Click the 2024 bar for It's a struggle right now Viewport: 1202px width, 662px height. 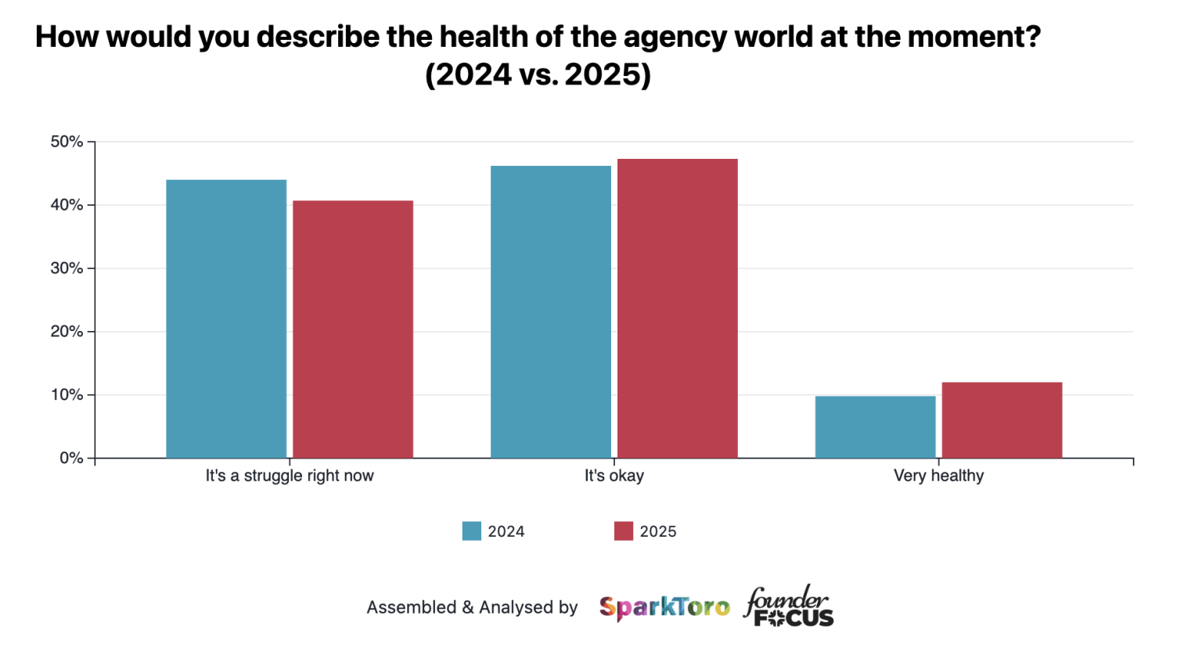click(x=226, y=318)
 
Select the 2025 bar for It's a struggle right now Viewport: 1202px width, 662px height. click(x=353, y=329)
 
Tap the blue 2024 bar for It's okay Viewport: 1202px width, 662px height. click(x=551, y=311)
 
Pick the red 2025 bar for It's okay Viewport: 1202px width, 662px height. click(x=678, y=308)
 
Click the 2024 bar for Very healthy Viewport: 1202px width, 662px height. click(x=875, y=426)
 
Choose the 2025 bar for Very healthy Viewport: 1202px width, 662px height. click(x=1002, y=419)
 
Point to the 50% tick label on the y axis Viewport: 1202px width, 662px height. click(x=67, y=142)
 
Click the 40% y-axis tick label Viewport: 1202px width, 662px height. click(x=67, y=205)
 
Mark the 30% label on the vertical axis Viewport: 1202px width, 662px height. click(x=67, y=268)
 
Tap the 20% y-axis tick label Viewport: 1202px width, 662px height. click(x=67, y=332)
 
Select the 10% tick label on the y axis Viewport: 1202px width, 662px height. click(x=67, y=395)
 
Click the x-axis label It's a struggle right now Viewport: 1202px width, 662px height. click(x=290, y=476)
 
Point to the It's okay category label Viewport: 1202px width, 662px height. click(x=614, y=476)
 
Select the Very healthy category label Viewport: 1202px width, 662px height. click(x=938, y=476)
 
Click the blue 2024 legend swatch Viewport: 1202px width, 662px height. click(x=472, y=531)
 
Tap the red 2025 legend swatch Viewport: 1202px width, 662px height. click(x=624, y=531)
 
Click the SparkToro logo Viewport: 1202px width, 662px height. click(x=664, y=607)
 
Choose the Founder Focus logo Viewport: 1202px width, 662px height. click(x=789, y=606)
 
